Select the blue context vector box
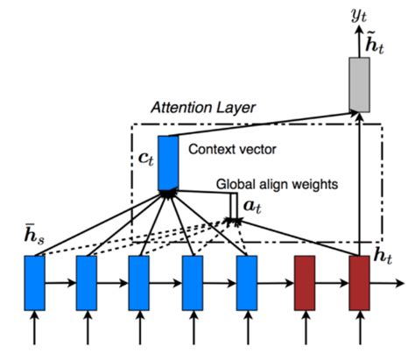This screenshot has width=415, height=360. coord(167,163)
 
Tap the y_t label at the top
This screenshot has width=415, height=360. coord(360,12)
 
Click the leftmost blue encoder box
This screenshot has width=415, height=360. coord(35,282)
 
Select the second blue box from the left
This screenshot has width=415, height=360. coord(88,282)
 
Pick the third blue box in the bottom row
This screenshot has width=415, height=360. coord(140,282)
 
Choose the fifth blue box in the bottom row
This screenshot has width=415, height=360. coord(247,282)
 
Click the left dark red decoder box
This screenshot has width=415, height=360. coord(304,282)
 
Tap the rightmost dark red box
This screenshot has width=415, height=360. coord(359,282)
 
